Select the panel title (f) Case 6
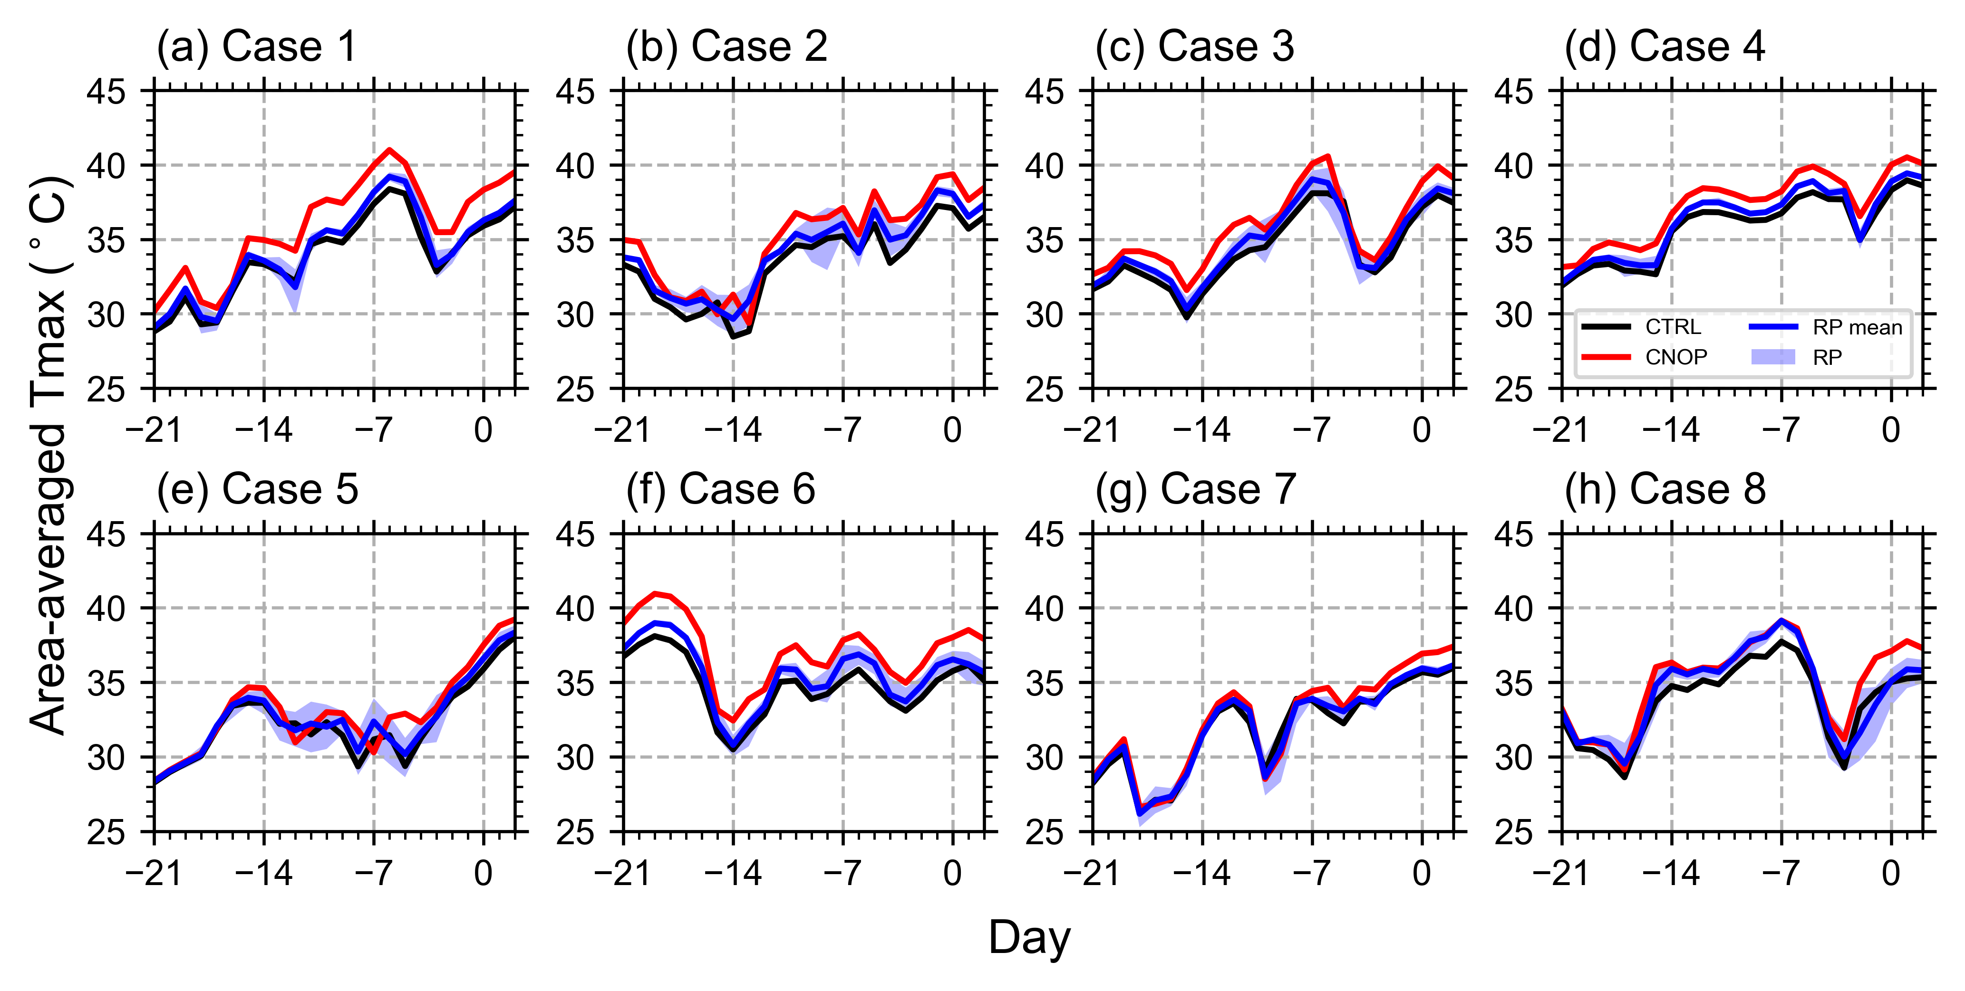tap(720, 489)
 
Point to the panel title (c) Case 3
tap(1195, 47)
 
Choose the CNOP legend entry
tap(1675, 357)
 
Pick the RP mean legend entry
tap(1857, 327)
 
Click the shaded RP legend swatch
tap(1773, 357)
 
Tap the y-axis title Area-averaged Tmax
tap(49, 456)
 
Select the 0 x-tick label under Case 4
tap(1891, 431)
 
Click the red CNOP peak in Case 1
tap(390, 150)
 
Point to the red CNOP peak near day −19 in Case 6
tap(655, 593)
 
